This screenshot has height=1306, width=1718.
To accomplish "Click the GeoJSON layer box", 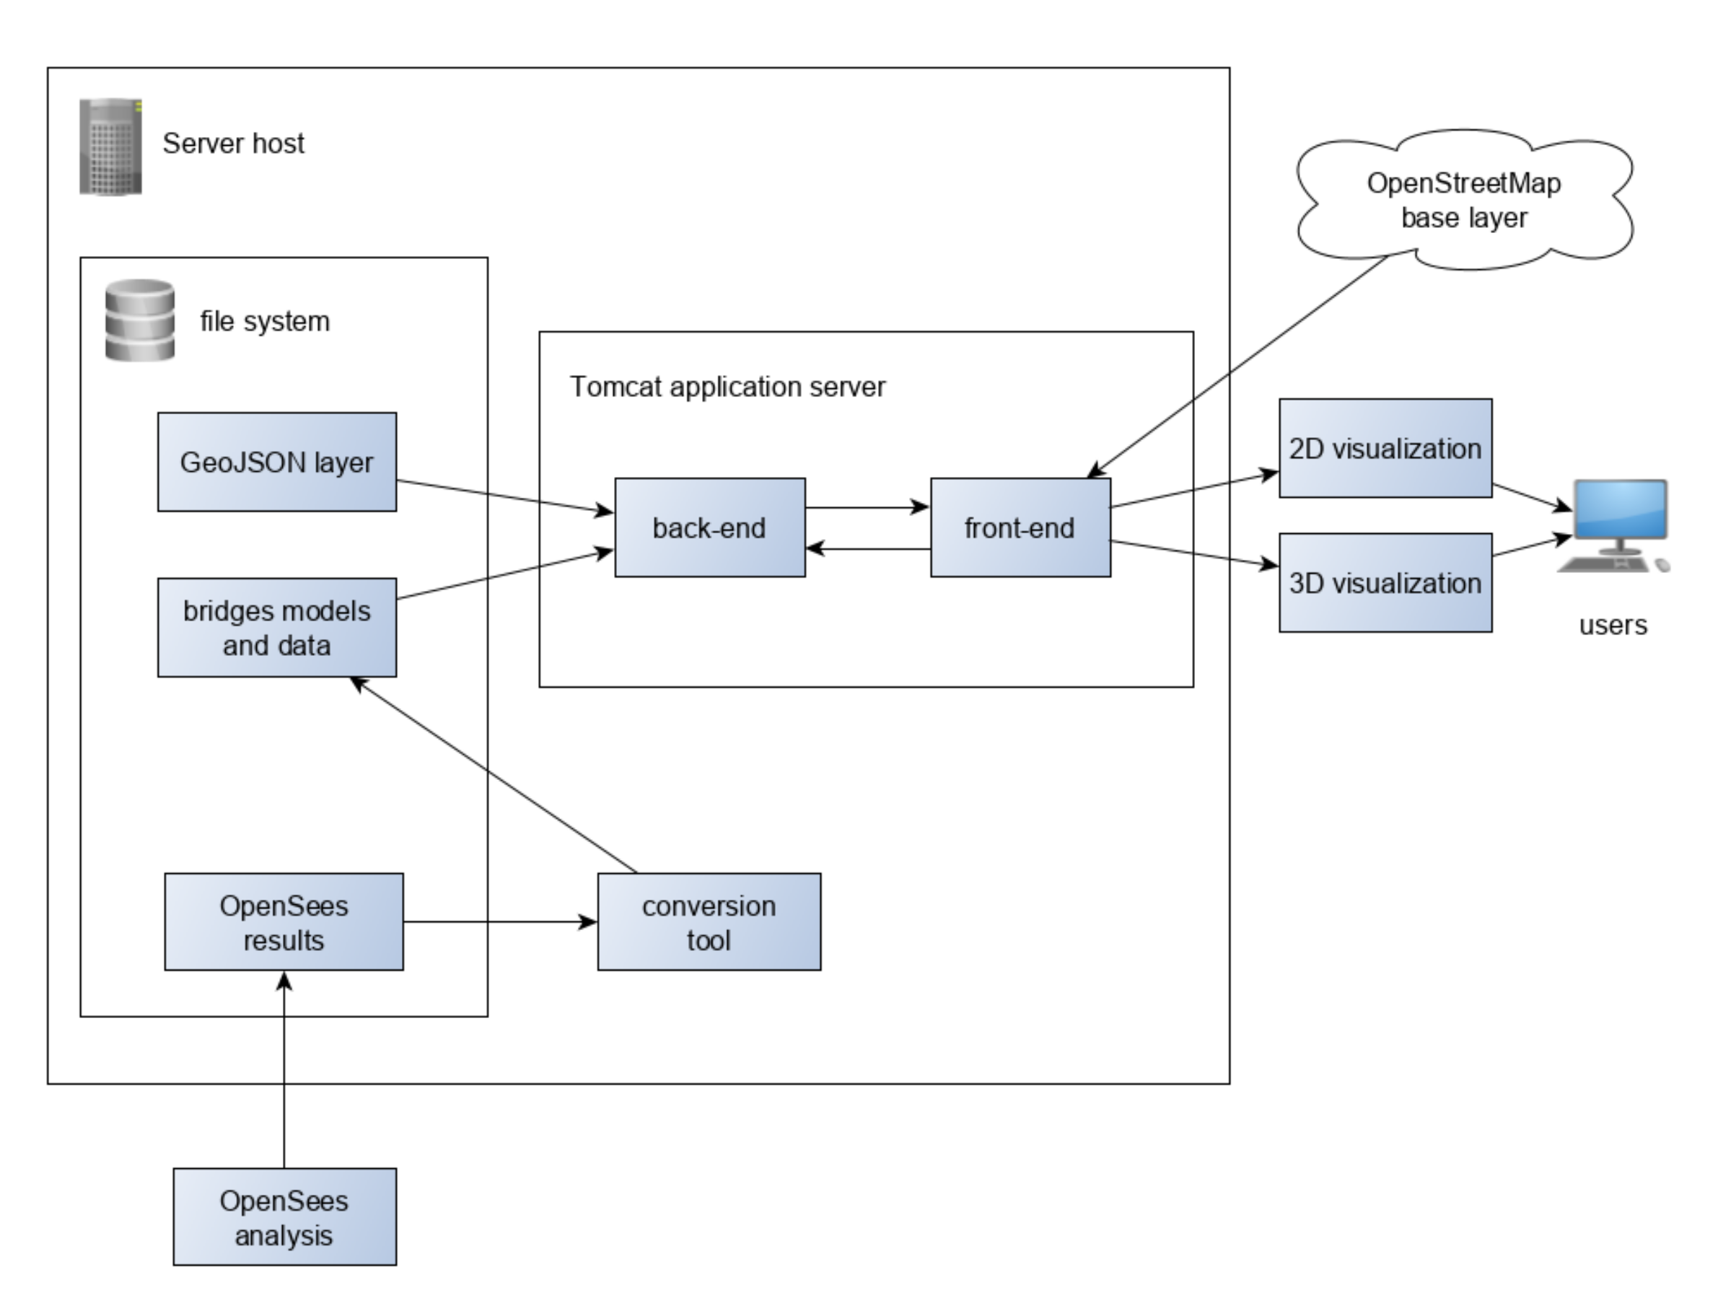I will click(x=277, y=462).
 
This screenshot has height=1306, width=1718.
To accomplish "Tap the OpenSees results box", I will click(x=284, y=922).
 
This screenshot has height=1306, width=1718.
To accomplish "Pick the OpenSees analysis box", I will click(x=284, y=1217).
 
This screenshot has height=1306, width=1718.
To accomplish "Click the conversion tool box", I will click(x=709, y=922).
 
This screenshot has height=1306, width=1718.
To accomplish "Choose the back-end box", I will click(x=710, y=528).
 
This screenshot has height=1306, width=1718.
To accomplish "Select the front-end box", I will click(x=1020, y=528).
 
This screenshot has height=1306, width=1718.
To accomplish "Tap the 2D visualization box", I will click(x=1385, y=449).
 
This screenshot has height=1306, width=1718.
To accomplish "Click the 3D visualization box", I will click(x=1385, y=583).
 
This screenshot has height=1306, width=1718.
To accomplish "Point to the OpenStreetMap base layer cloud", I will click(x=1464, y=200).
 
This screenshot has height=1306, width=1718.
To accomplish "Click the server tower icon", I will click(x=111, y=146).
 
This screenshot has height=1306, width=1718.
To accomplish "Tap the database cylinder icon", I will click(x=140, y=320).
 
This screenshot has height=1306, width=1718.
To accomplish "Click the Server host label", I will click(x=233, y=144).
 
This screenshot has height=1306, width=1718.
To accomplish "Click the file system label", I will click(x=265, y=321).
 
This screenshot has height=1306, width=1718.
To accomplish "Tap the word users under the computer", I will click(x=1613, y=625).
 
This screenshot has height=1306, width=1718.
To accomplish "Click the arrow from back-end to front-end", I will click(x=867, y=508).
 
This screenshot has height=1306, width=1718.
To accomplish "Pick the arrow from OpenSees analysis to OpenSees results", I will click(x=284, y=1073).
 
